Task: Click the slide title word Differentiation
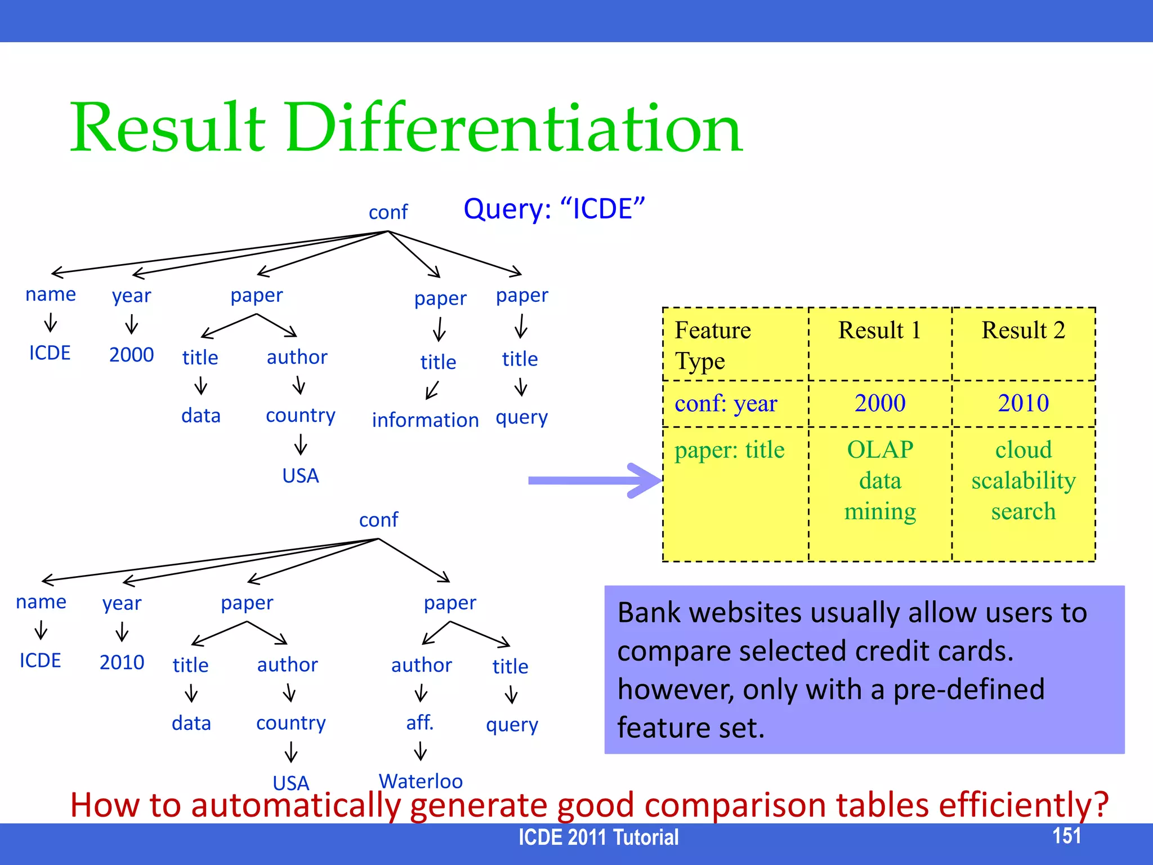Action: pyautogui.click(x=513, y=128)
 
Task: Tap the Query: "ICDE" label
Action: pyautogui.click(x=554, y=209)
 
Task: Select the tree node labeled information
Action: pyautogui.click(x=425, y=420)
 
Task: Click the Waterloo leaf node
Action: pyautogui.click(x=421, y=781)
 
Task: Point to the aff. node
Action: pyautogui.click(x=420, y=722)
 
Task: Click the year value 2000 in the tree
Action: pyautogui.click(x=131, y=355)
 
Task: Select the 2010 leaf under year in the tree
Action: pyautogui.click(x=122, y=662)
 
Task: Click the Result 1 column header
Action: pyautogui.click(x=879, y=330)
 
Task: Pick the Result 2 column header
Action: pyautogui.click(x=1023, y=330)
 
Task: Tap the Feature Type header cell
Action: pyautogui.click(x=713, y=345)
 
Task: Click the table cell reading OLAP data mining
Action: pyautogui.click(x=880, y=480)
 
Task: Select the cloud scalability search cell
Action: pyautogui.click(x=1023, y=480)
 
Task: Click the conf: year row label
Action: pyautogui.click(x=726, y=403)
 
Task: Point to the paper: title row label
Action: pyautogui.click(x=729, y=450)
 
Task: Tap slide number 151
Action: pyautogui.click(x=1066, y=836)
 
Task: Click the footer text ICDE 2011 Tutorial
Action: pyautogui.click(x=598, y=837)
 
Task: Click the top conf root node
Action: pyautogui.click(x=388, y=212)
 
